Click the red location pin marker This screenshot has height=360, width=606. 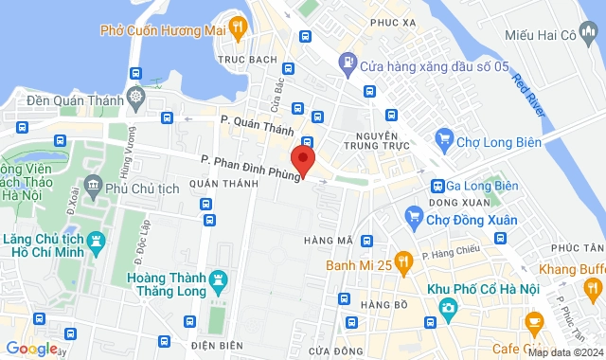pyautogui.click(x=302, y=159)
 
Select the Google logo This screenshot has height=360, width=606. pyautogui.click(x=31, y=349)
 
